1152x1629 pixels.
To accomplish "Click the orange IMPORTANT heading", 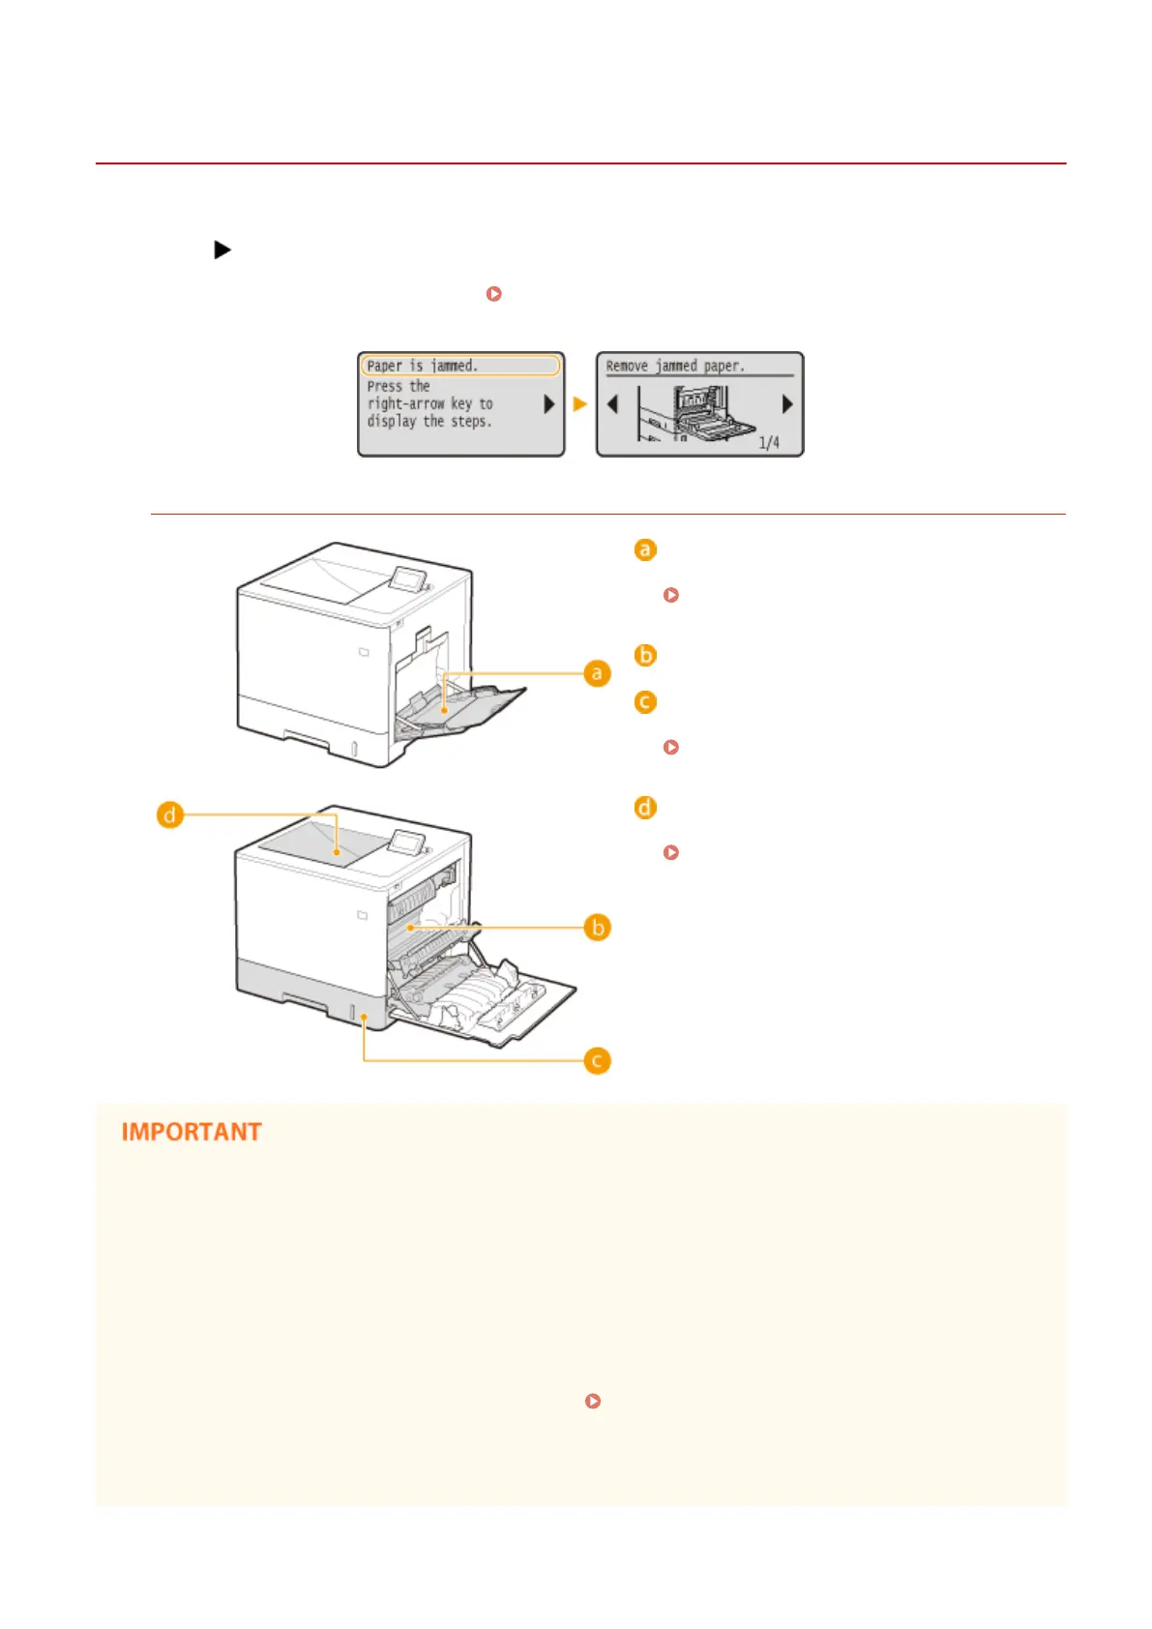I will point(192,1132).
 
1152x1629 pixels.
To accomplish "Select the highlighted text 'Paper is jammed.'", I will point(423,366).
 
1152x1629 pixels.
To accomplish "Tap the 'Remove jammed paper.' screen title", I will point(675,366).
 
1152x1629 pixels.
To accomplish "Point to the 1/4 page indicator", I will point(769,443).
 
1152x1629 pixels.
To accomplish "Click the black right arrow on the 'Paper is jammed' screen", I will point(548,404).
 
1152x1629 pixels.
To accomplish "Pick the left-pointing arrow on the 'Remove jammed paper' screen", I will point(612,403).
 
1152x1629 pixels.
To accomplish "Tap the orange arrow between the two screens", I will point(579,404).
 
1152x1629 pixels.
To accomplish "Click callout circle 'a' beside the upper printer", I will point(597,673).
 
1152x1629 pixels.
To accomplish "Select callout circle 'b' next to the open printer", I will point(598,928).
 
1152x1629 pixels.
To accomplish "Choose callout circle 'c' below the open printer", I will point(598,1061).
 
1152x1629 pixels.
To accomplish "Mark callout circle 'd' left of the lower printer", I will point(170,815).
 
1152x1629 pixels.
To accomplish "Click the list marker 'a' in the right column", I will point(645,549).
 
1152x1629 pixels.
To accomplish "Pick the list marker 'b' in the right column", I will point(645,655).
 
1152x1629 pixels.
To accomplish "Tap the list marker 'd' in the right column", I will point(645,807).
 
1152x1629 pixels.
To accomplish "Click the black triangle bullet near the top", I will point(222,251).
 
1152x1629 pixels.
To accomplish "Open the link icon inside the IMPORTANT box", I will point(593,1401).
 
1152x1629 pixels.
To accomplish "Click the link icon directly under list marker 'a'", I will point(671,595).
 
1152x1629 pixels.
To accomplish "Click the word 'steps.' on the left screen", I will point(471,422).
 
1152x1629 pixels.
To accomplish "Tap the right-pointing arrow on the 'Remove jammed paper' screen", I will point(786,403).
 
